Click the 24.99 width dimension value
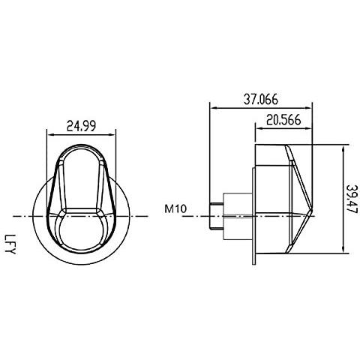pyautogui.click(x=81, y=126)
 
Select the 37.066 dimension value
pyautogui.click(x=261, y=100)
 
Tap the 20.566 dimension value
pyautogui.click(x=283, y=120)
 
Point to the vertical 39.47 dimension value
pyautogui.click(x=352, y=199)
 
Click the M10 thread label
pyautogui.click(x=175, y=208)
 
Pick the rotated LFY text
pyautogui.click(x=10, y=244)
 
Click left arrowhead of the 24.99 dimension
pyautogui.click(x=50, y=135)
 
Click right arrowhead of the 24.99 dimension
pyautogui.click(x=113, y=135)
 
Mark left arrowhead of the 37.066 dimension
pyautogui.click(x=213, y=108)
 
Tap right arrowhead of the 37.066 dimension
pyautogui.click(x=309, y=108)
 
